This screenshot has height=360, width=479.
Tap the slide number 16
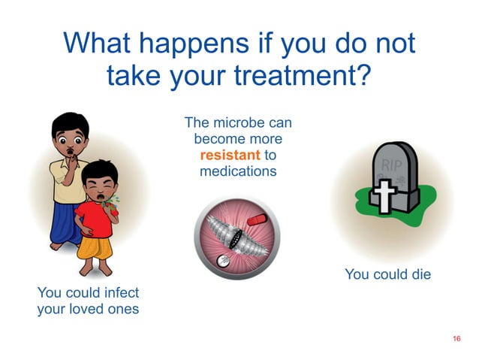pyautogui.click(x=456, y=340)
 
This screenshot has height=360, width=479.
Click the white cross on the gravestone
pyautogui.click(x=384, y=194)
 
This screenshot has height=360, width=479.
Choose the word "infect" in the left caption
pyautogui.click(x=119, y=292)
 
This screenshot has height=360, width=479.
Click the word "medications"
pyautogui.click(x=238, y=172)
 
